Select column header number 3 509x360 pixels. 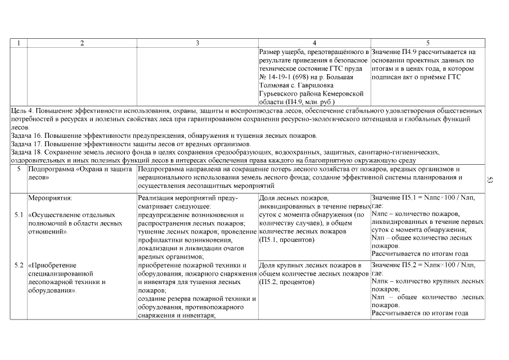coord(197,43)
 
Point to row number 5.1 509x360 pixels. coord(18,215)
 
